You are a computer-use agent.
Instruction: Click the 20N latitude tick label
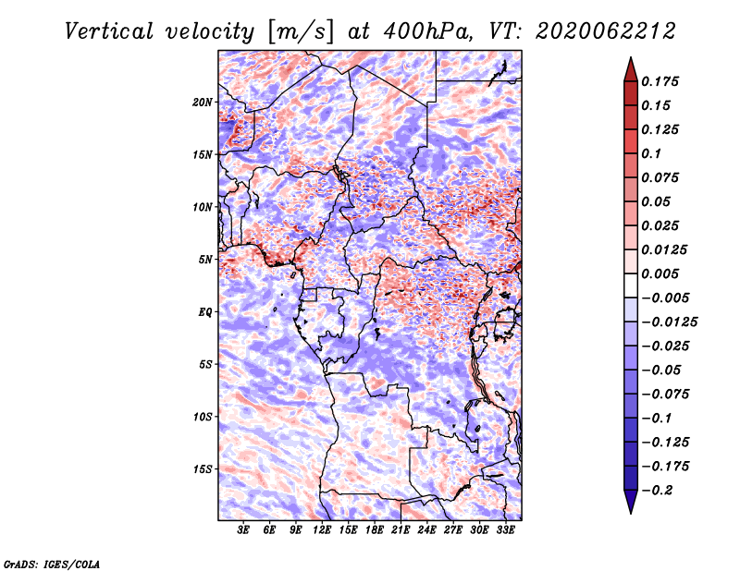203,103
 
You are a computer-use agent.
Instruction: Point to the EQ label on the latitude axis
204,312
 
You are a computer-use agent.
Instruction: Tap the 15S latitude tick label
203,469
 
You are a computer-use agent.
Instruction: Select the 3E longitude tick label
243,529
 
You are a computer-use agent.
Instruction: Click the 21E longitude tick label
401,529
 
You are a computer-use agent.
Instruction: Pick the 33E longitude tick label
505,529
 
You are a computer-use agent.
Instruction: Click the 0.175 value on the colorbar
660,81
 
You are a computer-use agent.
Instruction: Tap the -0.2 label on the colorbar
657,491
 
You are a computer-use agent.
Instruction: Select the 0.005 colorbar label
660,273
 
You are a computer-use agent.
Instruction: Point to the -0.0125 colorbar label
669,322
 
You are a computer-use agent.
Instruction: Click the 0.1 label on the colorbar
651,153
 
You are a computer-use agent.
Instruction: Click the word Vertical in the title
109,31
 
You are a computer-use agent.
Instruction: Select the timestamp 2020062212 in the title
606,31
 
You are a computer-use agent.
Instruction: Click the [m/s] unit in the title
301,32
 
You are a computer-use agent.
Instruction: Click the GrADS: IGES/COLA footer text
52,565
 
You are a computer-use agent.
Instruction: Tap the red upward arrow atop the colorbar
631,69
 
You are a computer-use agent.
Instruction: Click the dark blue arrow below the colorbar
631,502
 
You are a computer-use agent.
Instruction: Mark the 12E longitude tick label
321,529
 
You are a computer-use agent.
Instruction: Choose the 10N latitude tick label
203,207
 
